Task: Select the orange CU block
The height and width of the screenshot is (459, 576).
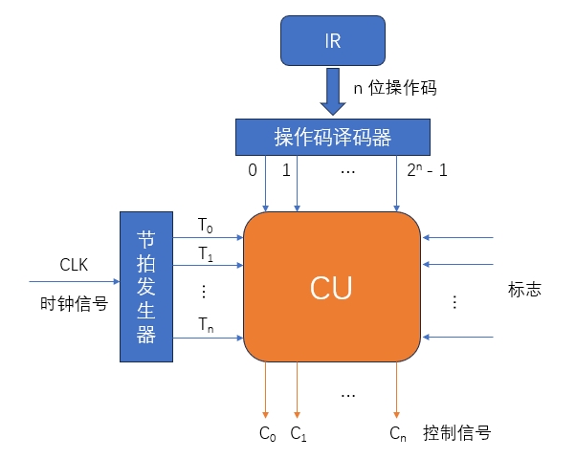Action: coord(331,286)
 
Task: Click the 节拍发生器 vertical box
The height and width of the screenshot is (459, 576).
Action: coord(145,287)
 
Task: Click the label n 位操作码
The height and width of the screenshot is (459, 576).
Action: coord(395,87)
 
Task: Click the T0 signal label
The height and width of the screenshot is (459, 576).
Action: coord(207,225)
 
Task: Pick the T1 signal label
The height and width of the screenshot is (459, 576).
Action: coord(207,254)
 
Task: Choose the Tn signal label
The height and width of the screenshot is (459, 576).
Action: coord(207,325)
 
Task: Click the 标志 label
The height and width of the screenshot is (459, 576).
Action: coord(525,288)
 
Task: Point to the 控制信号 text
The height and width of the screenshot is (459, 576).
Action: coord(457,432)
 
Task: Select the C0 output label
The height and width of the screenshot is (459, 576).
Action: coord(268,433)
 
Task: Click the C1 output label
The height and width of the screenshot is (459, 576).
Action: coord(299,433)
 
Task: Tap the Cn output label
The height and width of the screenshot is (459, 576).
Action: coord(397,433)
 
